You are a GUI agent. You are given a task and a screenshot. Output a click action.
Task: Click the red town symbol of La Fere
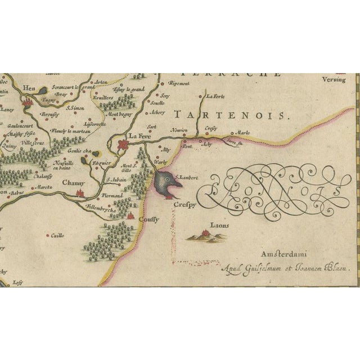click(x=123, y=146)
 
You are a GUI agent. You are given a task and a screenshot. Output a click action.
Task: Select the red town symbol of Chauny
click(x=80, y=193)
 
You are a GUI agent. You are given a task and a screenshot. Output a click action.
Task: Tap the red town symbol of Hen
click(x=27, y=102)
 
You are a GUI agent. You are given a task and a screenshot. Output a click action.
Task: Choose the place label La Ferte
click(x=215, y=96)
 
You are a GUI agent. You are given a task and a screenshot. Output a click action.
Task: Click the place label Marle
click(x=244, y=133)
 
